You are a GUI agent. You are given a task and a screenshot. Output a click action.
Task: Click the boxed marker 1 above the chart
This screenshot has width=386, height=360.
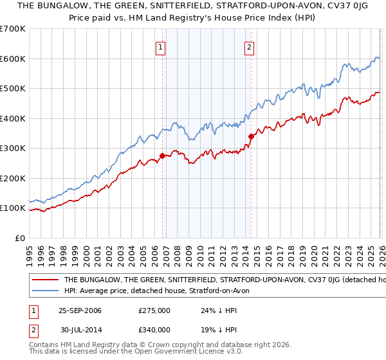click(160, 46)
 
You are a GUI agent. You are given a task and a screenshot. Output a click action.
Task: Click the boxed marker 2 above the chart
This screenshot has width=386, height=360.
click(249, 46)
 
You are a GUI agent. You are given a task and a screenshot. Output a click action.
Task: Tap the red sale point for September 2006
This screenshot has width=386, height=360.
click(162, 155)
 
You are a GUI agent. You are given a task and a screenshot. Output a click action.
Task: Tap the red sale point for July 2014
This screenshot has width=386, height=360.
click(252, 136)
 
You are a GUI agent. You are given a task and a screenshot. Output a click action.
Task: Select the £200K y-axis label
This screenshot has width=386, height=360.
click(13, 178)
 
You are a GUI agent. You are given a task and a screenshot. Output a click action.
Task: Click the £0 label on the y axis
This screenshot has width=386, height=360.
click(19, 238)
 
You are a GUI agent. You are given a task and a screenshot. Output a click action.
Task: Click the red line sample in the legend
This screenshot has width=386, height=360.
click(45, 280)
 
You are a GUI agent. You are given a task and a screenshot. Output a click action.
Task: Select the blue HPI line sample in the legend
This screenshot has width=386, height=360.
click(45, 291)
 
